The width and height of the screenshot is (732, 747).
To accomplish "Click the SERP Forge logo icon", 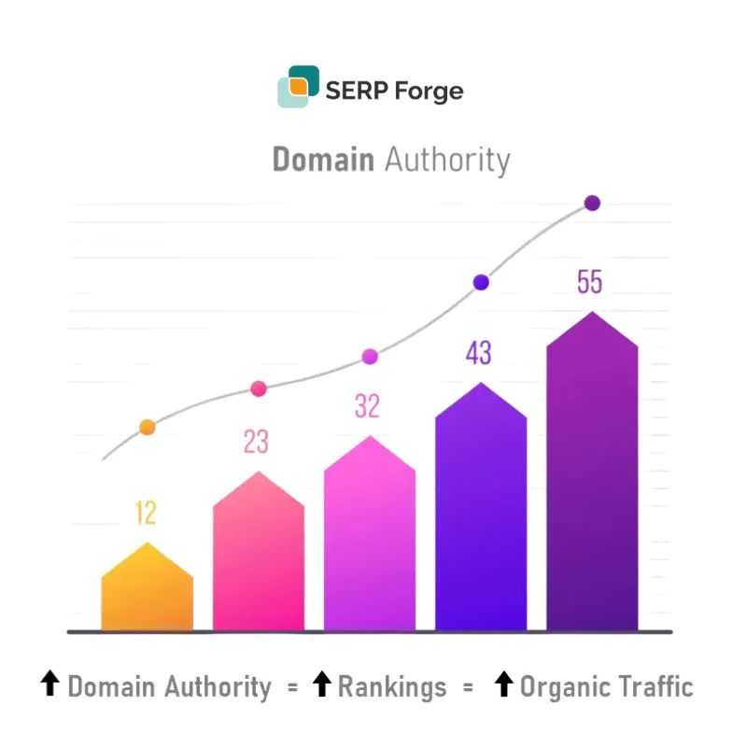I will coord(298,87).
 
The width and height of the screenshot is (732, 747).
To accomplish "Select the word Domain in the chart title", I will coord(323,160).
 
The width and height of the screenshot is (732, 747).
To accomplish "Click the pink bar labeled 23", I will coord(258,556).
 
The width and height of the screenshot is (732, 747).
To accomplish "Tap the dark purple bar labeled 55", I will coord(592,476).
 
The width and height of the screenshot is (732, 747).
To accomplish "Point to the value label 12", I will coord(145,513).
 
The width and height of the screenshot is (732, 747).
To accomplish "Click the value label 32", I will coord(367,406).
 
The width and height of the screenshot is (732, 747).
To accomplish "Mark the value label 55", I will coord(589,282).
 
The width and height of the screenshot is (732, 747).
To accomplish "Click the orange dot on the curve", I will coord(147,428).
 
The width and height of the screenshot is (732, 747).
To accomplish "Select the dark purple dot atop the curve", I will coord(592,204).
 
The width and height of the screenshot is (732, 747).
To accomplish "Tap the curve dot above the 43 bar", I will coord(481,282).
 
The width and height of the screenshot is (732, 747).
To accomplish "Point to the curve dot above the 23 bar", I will coord(259,388).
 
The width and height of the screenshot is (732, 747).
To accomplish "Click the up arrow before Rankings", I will coord(321,686).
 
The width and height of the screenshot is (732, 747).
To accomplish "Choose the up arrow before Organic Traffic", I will coord(503,686).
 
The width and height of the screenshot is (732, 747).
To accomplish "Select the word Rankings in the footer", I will coord(392,688).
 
